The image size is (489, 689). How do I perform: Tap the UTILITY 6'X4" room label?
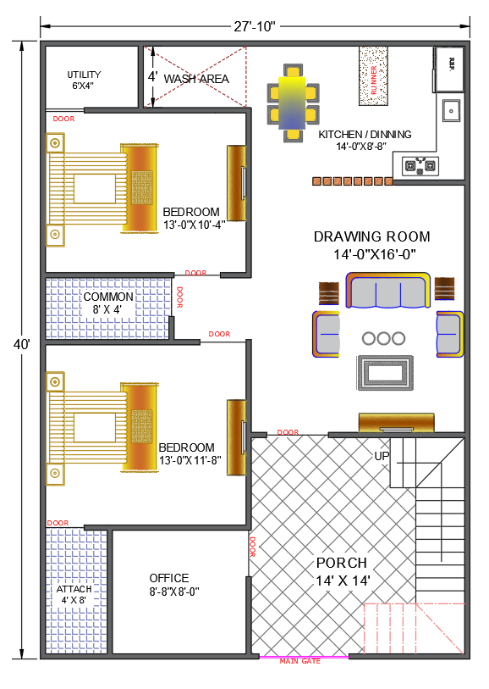84,81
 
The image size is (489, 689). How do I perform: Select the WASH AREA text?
196,79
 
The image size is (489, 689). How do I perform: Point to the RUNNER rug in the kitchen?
372,75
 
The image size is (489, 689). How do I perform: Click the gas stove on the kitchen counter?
420,165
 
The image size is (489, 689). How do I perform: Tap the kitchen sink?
451,110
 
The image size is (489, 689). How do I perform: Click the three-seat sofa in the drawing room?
387,292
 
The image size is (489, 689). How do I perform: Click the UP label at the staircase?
382,456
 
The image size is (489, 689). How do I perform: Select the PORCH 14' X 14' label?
342,570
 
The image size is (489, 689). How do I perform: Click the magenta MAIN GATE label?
300,661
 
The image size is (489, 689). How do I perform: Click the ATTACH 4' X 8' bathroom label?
74,594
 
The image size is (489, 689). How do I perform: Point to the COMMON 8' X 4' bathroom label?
107,303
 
